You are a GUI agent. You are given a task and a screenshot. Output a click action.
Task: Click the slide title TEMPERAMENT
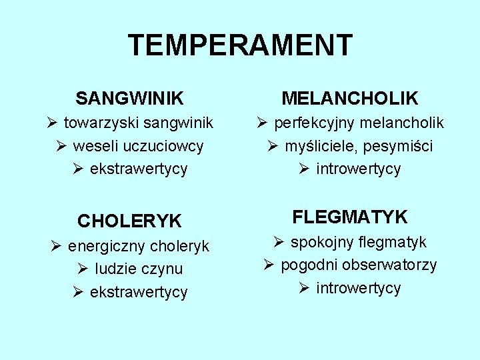click(x=240, y=45)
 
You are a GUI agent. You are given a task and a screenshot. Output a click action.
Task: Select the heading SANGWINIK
click(x=129, y=99)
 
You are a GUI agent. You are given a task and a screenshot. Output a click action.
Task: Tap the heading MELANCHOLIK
click(x=350, y=99)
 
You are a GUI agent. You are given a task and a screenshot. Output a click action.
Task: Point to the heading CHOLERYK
click(x=130, y=221)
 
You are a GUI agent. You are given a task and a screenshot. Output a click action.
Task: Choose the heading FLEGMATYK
click(x=350, y=217)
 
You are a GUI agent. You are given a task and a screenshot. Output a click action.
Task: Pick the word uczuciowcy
click(x=165, y=146)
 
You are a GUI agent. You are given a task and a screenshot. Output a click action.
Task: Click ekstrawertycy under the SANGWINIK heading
click(x=139, y=169)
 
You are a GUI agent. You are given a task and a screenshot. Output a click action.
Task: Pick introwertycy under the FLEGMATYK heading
click(x=359, y=289)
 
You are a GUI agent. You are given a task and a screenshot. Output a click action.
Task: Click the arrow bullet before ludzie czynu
click(x=82, y=269)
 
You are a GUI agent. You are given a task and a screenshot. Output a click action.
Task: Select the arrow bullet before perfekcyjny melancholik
click(x=261, y=122)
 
